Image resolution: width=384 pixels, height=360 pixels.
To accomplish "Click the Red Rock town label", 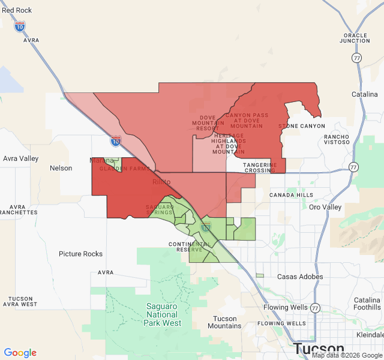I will tap(17, 10).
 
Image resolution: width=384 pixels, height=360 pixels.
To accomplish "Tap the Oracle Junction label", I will tap(355, 37).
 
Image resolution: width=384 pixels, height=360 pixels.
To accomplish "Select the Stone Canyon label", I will tap(302, 126).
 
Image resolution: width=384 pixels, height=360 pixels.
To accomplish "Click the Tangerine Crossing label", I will tap(260, 167).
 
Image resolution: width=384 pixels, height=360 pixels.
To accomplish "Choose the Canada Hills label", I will tap(291, 195).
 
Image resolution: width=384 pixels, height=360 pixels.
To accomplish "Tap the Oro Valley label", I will tap(325, 207).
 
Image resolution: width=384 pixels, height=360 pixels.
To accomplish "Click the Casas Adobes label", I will tap(300, 277).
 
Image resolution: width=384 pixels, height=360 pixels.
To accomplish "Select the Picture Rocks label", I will tap(80, 254).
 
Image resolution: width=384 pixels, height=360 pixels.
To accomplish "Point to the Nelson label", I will tap(61, 168).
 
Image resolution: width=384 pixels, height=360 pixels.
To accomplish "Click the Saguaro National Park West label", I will tap(162, 314).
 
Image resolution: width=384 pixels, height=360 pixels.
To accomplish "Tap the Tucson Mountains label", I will tap(225, 322).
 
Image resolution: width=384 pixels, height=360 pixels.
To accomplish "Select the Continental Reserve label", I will tap(190, 247).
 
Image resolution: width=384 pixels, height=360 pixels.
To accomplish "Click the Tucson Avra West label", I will tap(20, 301).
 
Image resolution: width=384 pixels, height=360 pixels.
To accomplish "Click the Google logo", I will tap(20, 353).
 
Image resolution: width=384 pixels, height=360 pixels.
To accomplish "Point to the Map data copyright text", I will tap(346, 355).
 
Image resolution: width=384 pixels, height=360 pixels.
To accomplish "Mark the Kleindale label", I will tap(370, 334).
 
